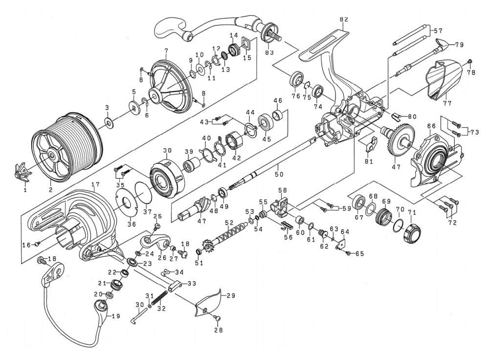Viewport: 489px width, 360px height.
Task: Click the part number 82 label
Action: [x=344, y=20]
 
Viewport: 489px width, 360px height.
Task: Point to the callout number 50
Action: [x=279, y=174]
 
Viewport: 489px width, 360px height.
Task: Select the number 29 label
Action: [x=231, y=295]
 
